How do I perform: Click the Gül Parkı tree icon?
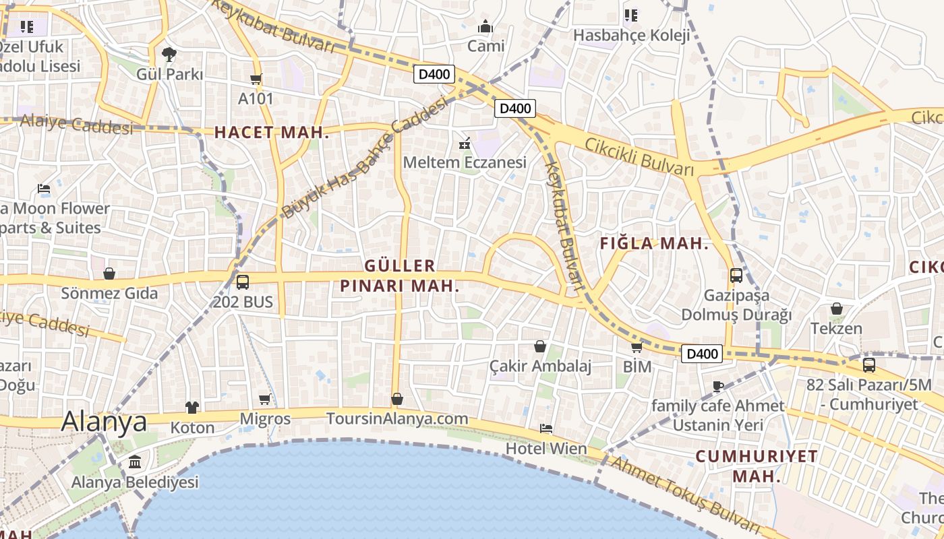click(169, 54)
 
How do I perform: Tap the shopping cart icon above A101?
click(256, 80)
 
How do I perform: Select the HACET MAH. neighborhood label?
click(272, 133)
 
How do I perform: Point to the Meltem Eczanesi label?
click(465, 162)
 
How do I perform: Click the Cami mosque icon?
click(485, 28)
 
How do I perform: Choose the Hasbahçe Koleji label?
click(631, 35)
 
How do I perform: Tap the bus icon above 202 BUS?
click(242, 282)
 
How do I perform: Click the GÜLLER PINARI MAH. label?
click(399, 276)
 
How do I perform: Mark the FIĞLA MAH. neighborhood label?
click(654, 244)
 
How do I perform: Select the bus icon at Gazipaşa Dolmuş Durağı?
click(736, 276)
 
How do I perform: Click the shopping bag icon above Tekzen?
click(836, 309)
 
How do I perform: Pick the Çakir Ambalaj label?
click(540, 366)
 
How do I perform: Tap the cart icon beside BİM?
click(637, 348)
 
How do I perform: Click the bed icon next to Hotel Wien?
click(546, 429)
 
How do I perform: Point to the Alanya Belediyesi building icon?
click(135, 462)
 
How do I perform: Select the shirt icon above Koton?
click(192, 408)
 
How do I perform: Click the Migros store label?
click(265, 419)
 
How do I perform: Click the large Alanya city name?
click(104, 422)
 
